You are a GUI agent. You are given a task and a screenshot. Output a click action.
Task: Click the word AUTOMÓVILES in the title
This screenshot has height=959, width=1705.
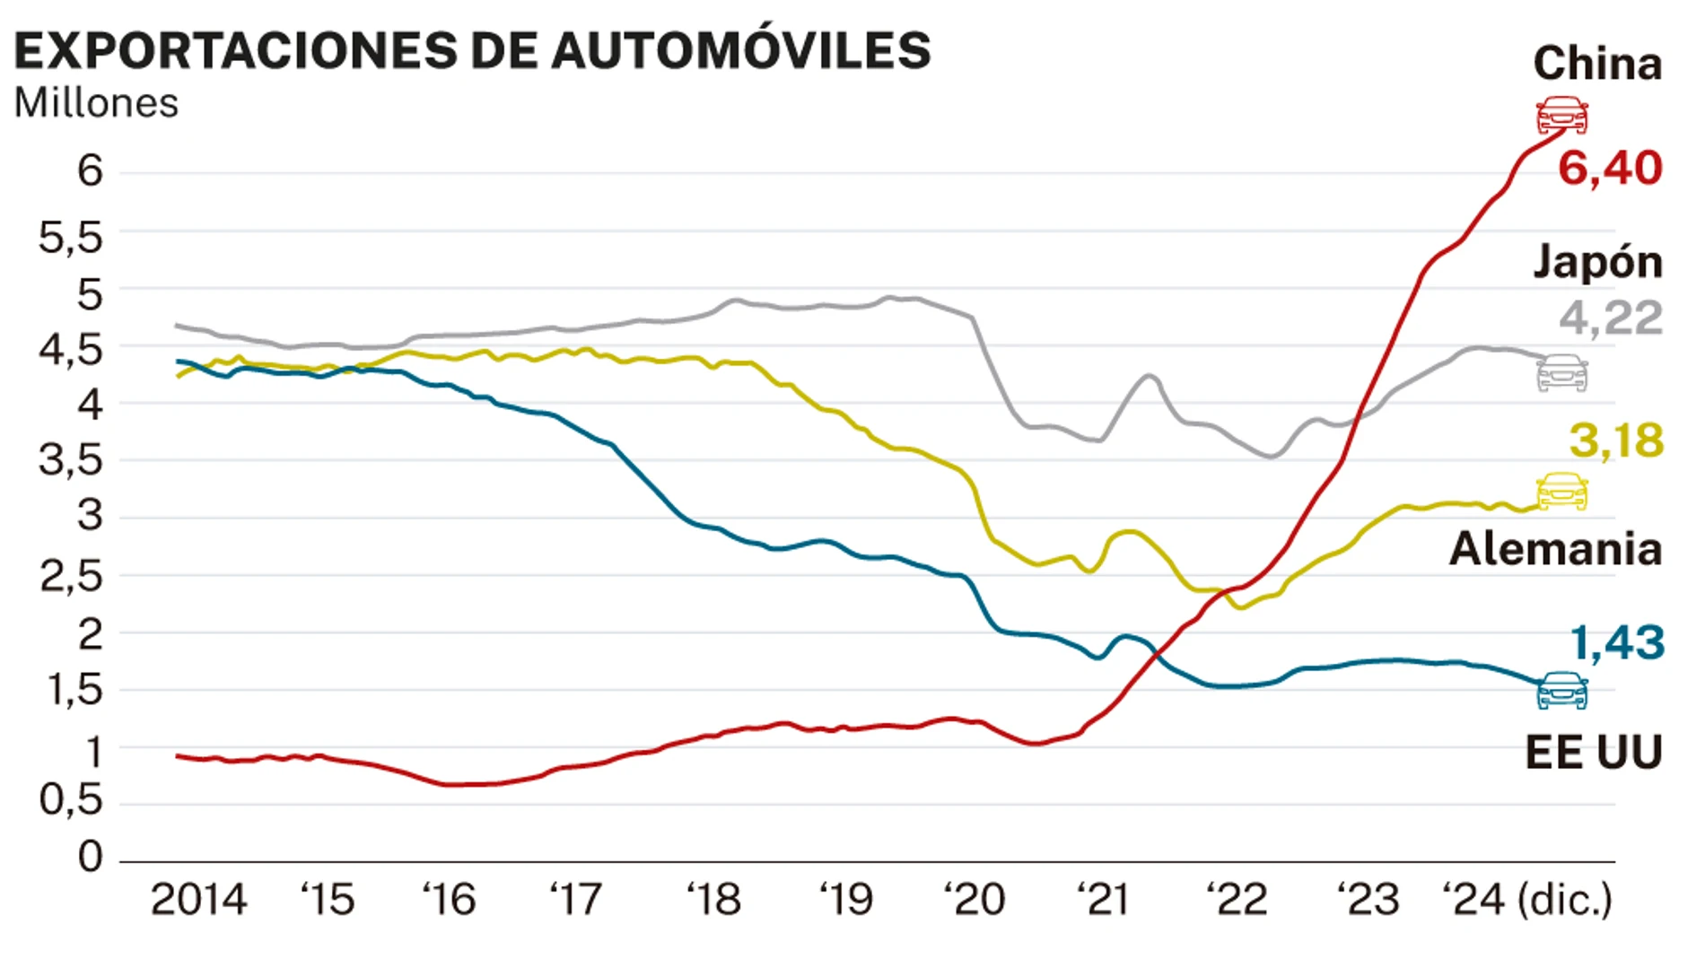(740, 50)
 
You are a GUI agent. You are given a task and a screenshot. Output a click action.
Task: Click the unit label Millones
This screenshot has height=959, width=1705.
(96, 103)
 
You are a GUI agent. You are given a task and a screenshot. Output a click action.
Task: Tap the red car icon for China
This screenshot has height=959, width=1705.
(1561, 116)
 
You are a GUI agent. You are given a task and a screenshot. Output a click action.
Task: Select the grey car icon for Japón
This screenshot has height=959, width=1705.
(1561, 373)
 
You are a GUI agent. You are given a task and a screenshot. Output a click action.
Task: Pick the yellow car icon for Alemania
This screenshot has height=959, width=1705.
(1561, 492)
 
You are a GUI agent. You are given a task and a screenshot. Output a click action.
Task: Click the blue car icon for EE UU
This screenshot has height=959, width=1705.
(1561, 690)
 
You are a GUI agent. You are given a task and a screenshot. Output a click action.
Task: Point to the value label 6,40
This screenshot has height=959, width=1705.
(1610, 169)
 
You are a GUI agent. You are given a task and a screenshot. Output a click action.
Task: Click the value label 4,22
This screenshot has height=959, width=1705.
(1610, 318)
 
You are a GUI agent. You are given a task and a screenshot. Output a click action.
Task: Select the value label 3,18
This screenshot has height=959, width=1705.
(1615, 440)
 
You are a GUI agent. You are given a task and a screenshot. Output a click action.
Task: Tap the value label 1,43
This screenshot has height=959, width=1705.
(1617, 642)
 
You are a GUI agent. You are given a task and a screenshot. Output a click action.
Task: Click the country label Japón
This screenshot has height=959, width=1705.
(1597, 262)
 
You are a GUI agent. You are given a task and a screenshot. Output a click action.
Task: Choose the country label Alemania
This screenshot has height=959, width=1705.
(1555, 548)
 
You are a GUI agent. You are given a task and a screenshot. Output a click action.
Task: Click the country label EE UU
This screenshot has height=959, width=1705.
(1593, 752)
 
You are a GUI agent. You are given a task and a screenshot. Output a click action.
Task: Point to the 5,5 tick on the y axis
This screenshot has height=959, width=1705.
(71, 238)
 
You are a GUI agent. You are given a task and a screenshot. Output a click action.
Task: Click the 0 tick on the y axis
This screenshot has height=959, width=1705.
(90, 857)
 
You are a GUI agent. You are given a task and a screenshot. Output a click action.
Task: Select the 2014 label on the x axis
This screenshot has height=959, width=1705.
(198, 900)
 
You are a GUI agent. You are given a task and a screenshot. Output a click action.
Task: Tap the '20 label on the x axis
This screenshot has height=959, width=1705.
(975, 900)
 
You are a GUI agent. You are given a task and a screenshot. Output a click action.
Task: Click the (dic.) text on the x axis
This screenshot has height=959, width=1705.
(1564, 900)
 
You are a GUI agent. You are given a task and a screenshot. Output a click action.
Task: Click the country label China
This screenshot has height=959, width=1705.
(1597, 64)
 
